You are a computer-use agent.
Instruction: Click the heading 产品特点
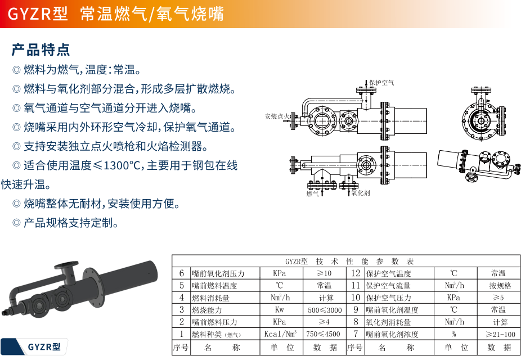click(41, 49)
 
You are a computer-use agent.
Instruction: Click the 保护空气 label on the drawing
click(381, 83)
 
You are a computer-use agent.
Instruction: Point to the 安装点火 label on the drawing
click(277, 116)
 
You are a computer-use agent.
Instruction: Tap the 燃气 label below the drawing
click(313, 193)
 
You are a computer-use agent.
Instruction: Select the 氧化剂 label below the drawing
click(360, 193)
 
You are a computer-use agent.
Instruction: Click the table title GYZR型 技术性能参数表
click(349, 261)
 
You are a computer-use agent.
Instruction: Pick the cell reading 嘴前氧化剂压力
click(218, 273)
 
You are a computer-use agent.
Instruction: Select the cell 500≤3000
click(325, 310)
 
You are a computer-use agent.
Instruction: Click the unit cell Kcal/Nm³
click(280, 334)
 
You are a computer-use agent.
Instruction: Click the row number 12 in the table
click(355, 273)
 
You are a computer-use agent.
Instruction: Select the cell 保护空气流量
click(388, 286)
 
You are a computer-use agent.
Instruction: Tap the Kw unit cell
click(280, 310)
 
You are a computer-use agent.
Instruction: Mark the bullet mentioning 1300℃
click(125, 165)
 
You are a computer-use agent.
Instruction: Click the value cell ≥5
click(498, 298)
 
